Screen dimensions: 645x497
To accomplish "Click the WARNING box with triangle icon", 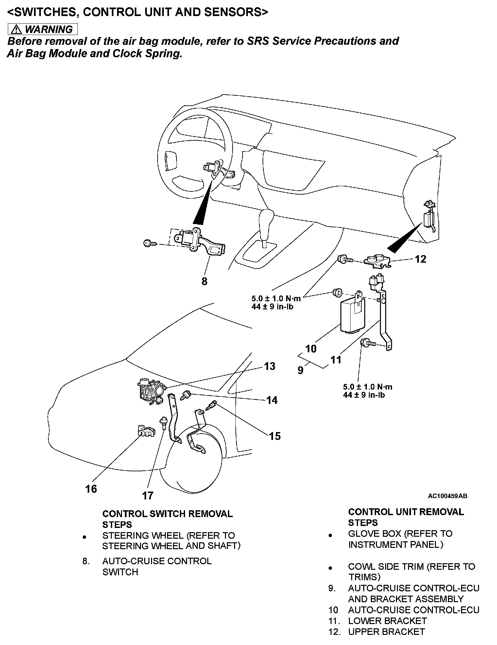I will pyautogui.click(x=43, y=29).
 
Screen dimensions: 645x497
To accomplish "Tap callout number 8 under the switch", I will pyautogui.click(x=204, y=281).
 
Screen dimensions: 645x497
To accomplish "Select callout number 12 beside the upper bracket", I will pyautogui.click(x=420, y=259).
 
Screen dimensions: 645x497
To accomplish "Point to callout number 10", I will pyautogui.click(x=311, y=349).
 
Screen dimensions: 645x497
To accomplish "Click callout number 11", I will pyautogui.click(x=336, y=360).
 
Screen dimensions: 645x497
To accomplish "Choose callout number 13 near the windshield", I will pyautogui.click(x=270, y=366).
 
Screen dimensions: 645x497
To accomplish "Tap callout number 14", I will pyautogui.click(x=272, y=400).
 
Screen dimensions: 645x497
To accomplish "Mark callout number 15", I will pyautogui.click(x=275, y=436).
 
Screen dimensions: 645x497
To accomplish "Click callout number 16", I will pyautogui.click(x=91, y=489).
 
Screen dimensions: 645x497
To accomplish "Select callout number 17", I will pyautogui.click(x=148, y=496).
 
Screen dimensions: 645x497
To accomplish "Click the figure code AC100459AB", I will pyautogui.click(x=447, y=496).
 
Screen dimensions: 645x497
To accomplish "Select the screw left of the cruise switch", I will pyautogui.click(x=148, y=243).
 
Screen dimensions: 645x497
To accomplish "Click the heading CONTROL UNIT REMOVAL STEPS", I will pyautogui.click(x=406, y=517).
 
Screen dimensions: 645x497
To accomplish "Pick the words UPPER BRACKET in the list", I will pyautogui.click(x=386, y=632).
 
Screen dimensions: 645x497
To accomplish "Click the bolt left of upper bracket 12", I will pyautogui.click(x=345, y=259).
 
